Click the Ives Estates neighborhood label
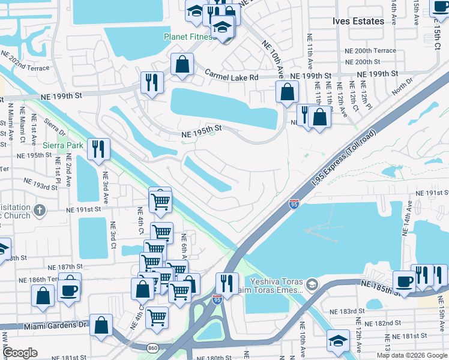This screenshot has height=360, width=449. click(358, 21)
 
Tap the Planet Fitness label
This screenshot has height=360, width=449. click(189, 37)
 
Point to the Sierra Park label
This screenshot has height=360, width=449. click(63, 145)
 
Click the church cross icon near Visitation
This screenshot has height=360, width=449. click(40, 210)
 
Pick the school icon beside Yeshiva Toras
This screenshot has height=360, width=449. click(311, 283)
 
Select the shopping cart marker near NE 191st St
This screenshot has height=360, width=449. click(160, 202)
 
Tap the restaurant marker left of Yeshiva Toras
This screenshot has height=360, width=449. click(227, 283)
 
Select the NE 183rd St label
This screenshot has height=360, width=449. click(348, 311)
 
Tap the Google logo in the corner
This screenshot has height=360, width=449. click(20, 353)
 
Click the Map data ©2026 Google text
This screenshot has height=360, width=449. click(411, 355)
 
